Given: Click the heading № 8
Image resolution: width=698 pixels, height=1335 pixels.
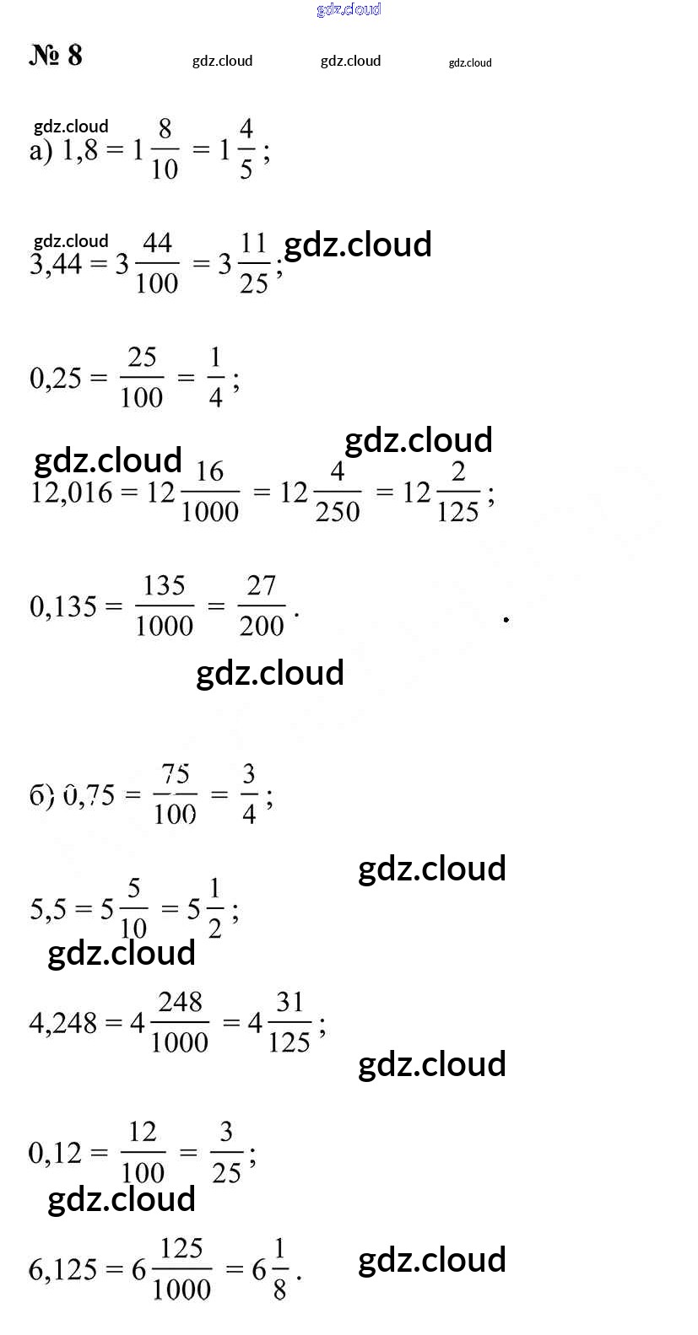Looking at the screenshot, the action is (x=56, y=56).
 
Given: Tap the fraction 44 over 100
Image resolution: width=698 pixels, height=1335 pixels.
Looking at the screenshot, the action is (x=157, y=263).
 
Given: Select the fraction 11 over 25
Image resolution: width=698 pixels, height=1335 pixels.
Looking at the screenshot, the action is (x=253, y=263).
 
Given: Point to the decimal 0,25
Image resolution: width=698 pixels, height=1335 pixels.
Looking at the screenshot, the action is (x=56, y=379).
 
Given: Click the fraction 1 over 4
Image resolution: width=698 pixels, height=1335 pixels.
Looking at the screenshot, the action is (x=216, y=378).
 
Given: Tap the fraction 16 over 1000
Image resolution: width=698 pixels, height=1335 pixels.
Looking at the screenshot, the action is (x=209, y=492).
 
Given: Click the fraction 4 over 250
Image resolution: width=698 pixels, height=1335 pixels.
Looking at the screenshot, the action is (x=337, y=492).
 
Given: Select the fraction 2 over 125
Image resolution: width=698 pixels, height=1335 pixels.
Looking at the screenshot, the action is (x=457, y=492).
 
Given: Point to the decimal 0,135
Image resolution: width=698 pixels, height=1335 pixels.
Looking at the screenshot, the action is (x=63, y=606).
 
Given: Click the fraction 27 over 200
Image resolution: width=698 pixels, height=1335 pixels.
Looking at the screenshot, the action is (x=261, y=606).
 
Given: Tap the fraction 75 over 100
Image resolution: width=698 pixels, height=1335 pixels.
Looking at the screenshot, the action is (x=175, y=794).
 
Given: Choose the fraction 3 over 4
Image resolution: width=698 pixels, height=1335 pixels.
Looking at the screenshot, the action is (x=249, y=794).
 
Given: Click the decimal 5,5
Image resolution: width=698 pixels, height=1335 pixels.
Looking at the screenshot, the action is (x=50, y=909).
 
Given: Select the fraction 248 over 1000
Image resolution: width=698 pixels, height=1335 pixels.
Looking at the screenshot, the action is (x=180, y=1022).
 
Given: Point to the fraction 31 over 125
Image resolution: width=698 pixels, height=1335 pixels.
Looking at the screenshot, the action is (x=289, y=1022).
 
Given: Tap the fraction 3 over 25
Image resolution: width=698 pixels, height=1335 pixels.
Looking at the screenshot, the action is (x=226, y=1152).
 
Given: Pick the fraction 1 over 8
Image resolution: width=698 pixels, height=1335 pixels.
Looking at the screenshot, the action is (x=279, y=1268).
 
